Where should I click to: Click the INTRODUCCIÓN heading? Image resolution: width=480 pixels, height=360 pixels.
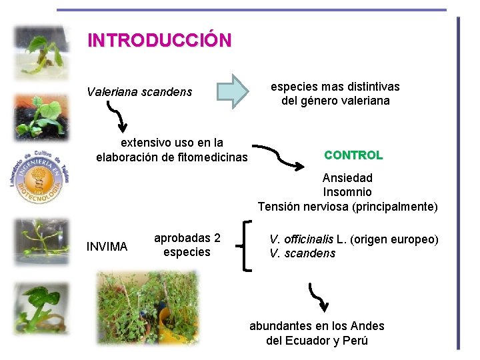coord(159,40)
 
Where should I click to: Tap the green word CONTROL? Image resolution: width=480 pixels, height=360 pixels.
coord(353,155)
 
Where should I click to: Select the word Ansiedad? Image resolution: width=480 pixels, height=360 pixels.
coord(347,178)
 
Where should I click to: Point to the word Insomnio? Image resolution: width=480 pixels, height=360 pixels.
coord(347,192)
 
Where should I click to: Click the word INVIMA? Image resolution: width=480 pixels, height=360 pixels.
coord(107,247)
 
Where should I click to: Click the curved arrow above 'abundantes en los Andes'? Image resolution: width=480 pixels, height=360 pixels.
coord(319,297)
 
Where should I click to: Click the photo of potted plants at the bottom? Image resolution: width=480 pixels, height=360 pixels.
coord(148,308)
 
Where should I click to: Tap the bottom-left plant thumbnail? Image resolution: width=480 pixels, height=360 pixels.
coord(41,309)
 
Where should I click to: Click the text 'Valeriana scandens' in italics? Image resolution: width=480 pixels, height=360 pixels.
coord(139,91)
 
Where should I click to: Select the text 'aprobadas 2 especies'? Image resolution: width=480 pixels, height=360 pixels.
coord(187,245)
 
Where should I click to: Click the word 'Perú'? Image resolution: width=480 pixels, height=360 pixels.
coord(355,341)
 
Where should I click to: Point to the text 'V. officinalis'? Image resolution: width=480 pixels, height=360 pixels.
coord(301,239)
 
